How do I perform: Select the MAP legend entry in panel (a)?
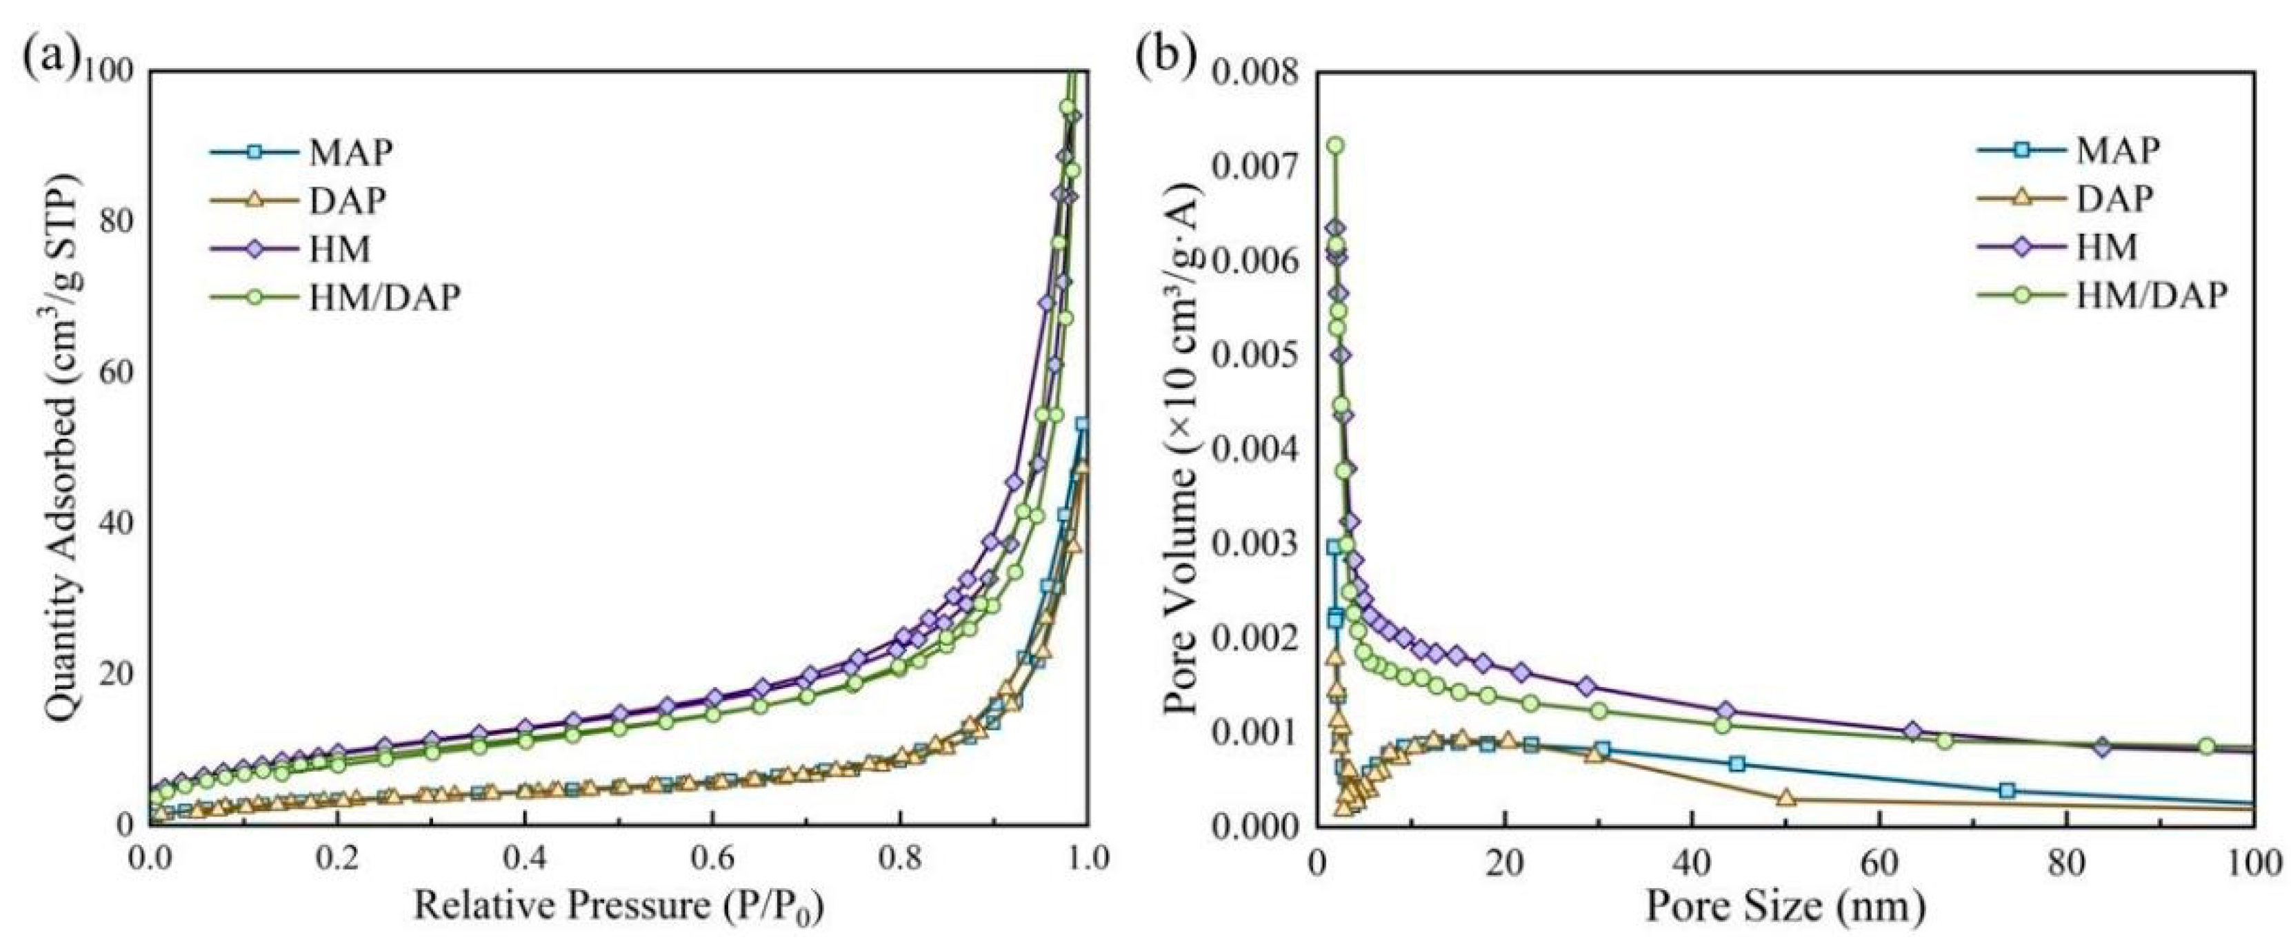pyautogui.click(x=350, y=153)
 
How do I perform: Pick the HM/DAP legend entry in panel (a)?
pyautogui.click(x=385, y=298)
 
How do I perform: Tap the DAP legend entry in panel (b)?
pyautogui.click(x=2116, y=199)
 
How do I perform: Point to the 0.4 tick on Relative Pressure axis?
pyautogui.click(x=525, y=859)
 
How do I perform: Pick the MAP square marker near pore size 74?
pyautogui.click(x=2006, y=790)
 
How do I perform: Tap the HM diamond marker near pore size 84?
pyautogui.click(x=2101, y=748)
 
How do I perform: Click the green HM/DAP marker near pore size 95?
pyautogui.click(x=2205, y=745)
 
